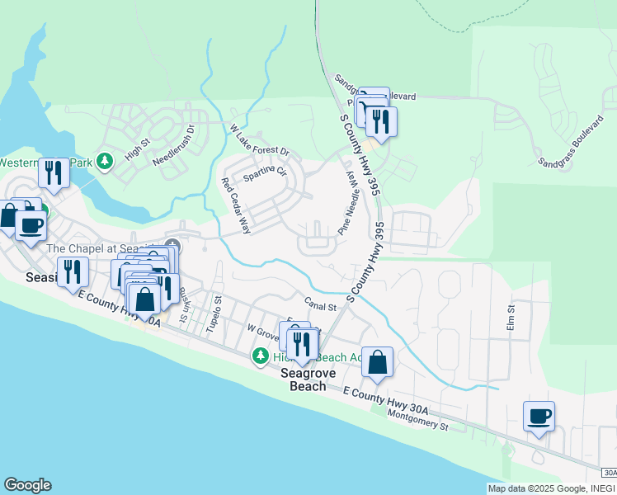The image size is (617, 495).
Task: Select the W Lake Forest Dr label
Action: tap(260, 140)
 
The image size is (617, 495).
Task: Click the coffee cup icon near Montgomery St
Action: tap(539, 416)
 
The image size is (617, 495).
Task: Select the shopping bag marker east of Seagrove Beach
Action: tap(377, 362)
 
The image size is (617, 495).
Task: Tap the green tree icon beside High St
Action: tap(105, 160)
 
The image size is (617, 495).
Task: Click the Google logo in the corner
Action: tap(27, 485)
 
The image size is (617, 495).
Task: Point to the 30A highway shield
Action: tap(609, 473)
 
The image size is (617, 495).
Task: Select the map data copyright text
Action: tap(549, 488)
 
